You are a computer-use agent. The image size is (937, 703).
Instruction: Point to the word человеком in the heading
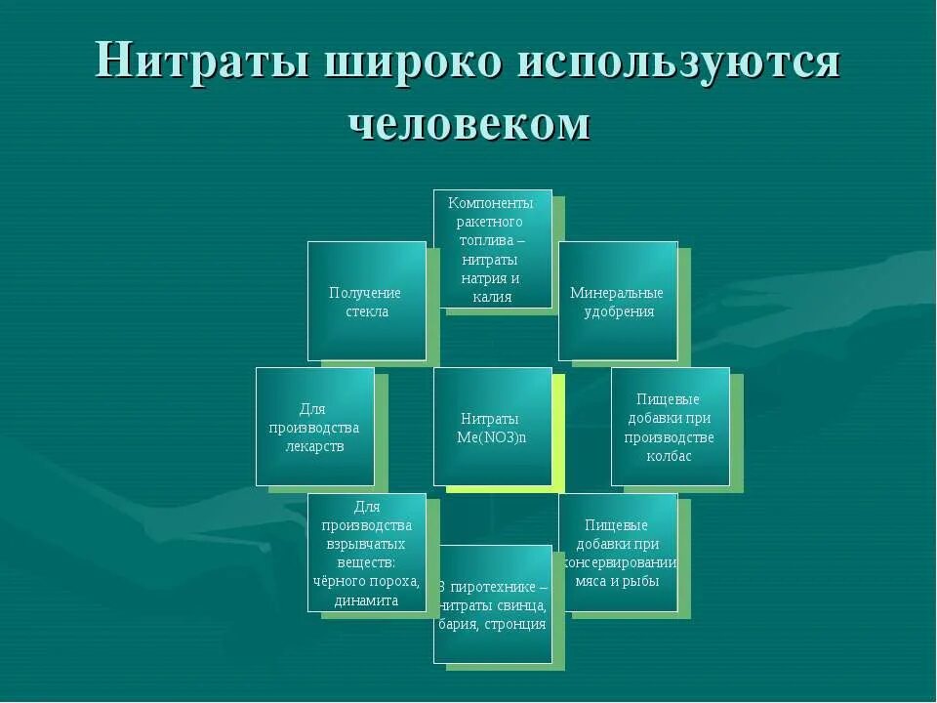tap(468, 124)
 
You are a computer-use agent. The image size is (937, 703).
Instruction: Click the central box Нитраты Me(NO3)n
tap(492, 427)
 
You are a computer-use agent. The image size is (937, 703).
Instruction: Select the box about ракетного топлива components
tap(492, 249)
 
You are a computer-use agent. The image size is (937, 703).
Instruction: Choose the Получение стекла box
tap(366, 301)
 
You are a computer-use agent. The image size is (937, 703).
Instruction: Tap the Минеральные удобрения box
tap(617, 301)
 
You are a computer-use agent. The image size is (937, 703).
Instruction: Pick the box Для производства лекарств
tap(314, 427)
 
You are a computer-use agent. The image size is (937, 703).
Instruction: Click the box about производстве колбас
tap(670, 427)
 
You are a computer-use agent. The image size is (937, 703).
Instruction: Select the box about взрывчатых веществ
tap(366, 553)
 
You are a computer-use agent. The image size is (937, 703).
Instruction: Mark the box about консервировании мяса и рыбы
tap(618, 553)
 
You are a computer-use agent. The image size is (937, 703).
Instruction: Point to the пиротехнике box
tap(492, 604)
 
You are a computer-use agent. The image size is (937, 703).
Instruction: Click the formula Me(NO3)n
tap(492, 436)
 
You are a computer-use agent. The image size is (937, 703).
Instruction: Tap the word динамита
tap(366, 600)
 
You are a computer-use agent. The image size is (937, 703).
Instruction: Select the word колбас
tap(670, 456)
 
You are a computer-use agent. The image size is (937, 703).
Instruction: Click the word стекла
tap(366, 311)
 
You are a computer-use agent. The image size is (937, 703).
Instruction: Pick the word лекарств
tap(314, 446)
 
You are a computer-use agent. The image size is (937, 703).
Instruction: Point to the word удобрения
tap(619, 311)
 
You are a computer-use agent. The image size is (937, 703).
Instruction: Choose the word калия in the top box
tap(492, 297)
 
